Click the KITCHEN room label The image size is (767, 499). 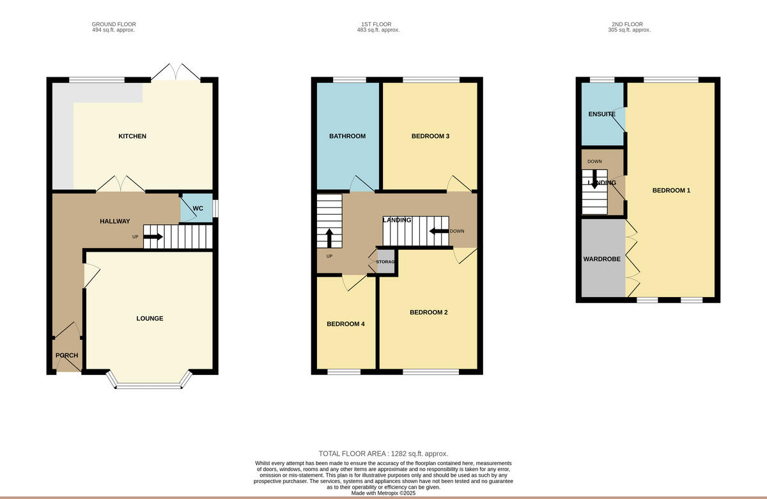pos(132,136)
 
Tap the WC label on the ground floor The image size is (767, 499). pos(198,209)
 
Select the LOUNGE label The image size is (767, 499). pos(150,318)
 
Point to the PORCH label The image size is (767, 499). pos(66,355)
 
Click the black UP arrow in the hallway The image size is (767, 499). pos(153,237)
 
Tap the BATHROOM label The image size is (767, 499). pos(347,136)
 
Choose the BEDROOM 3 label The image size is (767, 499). pos(430,136)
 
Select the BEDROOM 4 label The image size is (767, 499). pos(345,324)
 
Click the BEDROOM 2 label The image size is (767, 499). pos(428,312)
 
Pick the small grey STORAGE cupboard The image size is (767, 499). pos(386,262)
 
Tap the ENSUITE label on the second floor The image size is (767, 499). pos(601,114)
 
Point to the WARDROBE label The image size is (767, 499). pos(601,259)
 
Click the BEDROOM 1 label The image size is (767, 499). pos(670,190)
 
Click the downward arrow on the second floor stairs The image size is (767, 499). pos(594,178)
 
